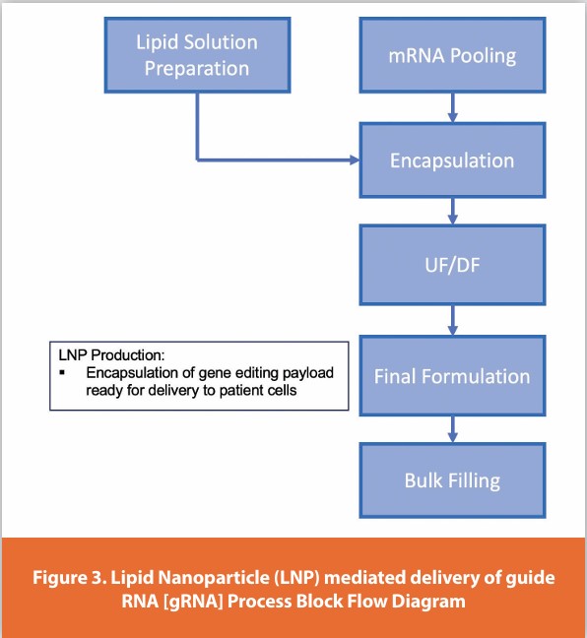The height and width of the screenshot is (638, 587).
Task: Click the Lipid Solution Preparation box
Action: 197,56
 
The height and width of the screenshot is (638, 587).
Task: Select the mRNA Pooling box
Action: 452,56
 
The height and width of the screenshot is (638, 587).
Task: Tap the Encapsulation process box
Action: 452,159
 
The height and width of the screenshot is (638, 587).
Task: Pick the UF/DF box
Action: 452,266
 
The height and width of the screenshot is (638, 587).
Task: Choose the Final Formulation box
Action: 452,375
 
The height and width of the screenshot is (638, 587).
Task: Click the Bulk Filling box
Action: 452,480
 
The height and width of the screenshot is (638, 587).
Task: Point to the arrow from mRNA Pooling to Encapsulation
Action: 452,106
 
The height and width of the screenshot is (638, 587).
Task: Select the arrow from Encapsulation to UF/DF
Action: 452,211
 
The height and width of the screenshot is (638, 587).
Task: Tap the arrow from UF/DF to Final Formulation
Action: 452,318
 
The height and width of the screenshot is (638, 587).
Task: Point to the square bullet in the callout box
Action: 62,373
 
